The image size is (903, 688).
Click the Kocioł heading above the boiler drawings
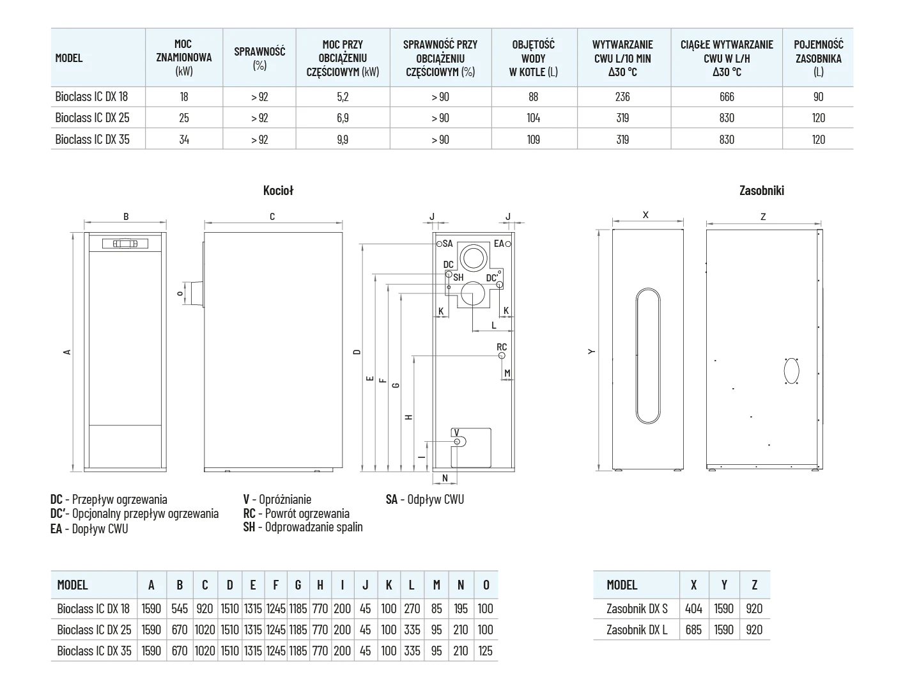coord(278,190)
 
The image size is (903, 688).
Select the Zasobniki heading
coord(762,190)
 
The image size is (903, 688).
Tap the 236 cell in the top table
coord(622,97)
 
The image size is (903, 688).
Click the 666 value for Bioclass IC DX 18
coord(727,97)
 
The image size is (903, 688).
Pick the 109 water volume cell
coord(533,139)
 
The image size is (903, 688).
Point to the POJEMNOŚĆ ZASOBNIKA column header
coord(818,58)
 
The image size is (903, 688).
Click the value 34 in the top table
coord(184,139)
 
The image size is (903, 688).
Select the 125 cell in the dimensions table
coord(486,650)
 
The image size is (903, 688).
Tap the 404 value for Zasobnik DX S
coord(693,609)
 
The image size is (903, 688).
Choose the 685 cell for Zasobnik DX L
coord(693,630)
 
